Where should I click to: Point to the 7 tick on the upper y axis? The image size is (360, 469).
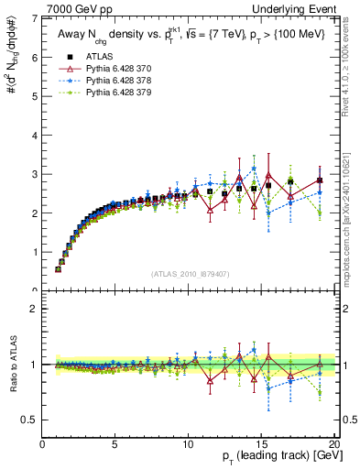35,19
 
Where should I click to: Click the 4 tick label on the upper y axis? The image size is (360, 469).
35,136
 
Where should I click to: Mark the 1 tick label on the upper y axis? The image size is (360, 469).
35,252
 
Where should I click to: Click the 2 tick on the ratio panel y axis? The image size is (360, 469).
35,309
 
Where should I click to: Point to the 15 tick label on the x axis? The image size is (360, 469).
263,446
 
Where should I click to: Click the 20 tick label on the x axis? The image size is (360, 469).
335,446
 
